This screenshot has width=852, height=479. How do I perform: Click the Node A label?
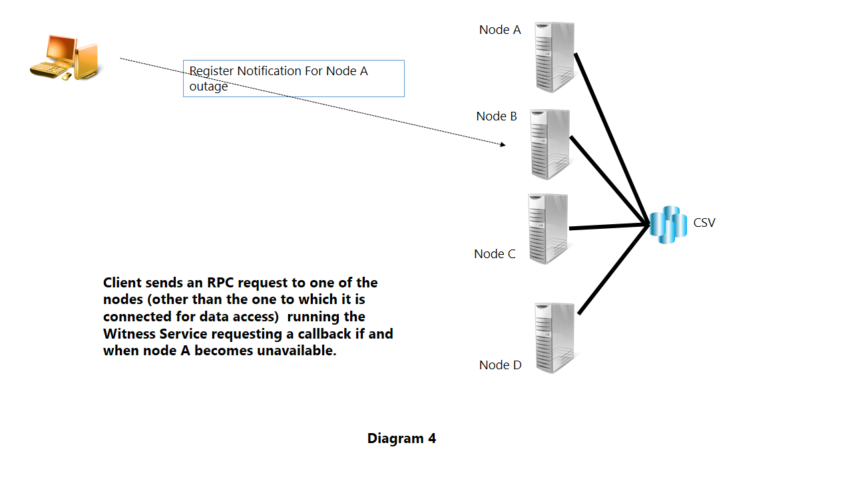click(x=500, y=30)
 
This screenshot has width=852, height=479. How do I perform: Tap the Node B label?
click(x=497, y=116)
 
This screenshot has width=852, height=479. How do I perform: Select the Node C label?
click(x=495, y=253)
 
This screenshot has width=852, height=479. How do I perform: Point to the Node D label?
click(x=500, y=365)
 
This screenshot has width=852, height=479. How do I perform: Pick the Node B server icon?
click(x=550, y=144)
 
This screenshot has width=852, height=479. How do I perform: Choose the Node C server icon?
click(x=548, y=229)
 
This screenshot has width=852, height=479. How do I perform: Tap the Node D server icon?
click(x=555, y=338)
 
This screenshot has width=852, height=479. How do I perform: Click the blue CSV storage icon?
click(x=668, y=224)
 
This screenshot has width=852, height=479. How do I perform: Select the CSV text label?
click(x=704, y=223)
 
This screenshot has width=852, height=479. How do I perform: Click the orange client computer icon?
click(x=65, y=58)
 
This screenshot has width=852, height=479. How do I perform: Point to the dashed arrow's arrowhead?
click(x=503, y=144)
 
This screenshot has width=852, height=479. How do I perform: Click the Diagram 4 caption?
click(x=401, y=438)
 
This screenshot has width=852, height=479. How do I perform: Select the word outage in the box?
click(x=208, y=86)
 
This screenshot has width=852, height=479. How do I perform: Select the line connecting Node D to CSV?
click(x=612, y=271)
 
